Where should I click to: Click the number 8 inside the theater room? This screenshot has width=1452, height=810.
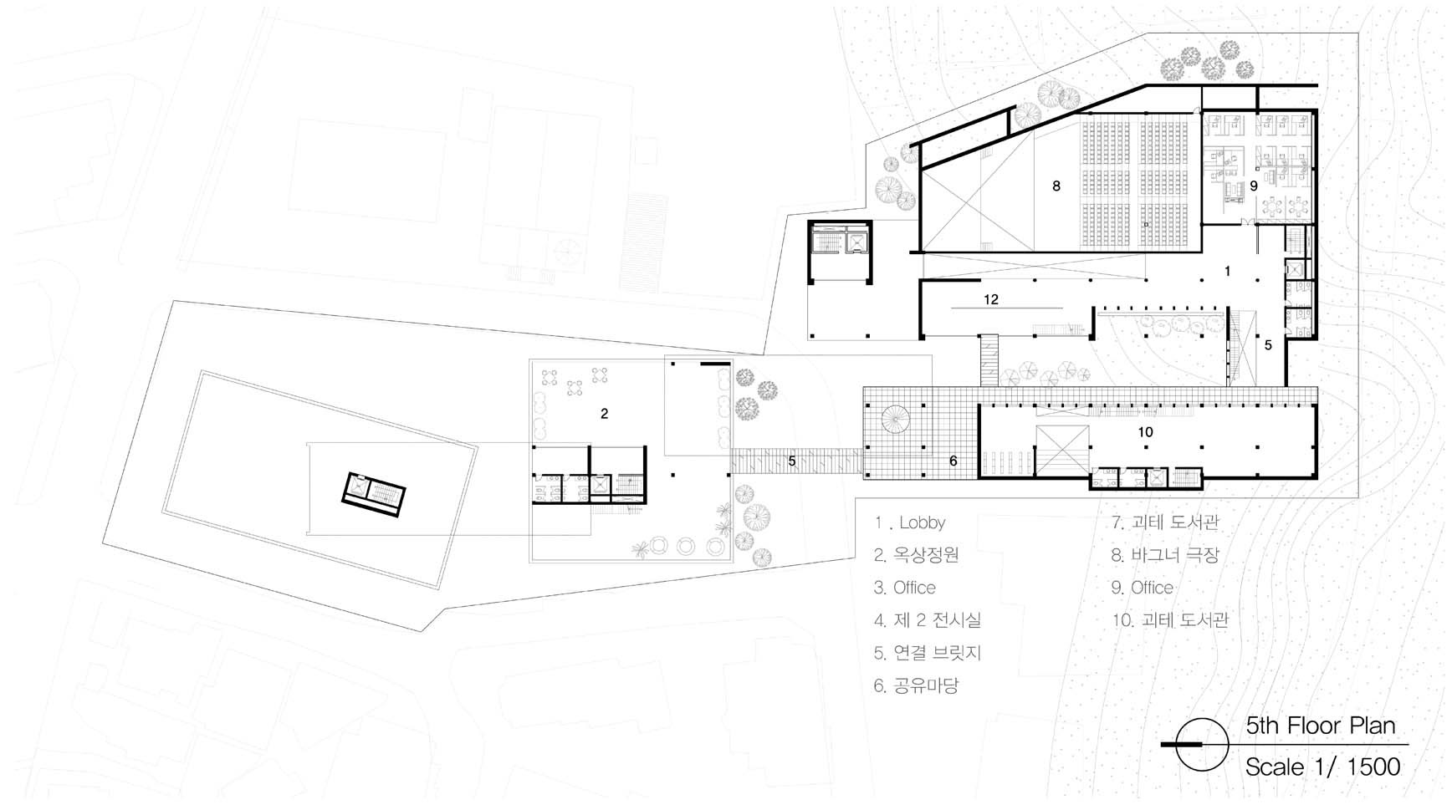pyautogui.click(x=1056, y=186)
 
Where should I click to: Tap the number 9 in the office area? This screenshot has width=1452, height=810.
pyautogui.click(x=1254, y=186)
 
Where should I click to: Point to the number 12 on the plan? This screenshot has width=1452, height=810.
pyautogui.click(x=991, y=299)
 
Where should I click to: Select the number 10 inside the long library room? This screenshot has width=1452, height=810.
pyautogui.click(x=1146, y=432)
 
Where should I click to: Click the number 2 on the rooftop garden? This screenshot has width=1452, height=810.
pyautogui.click(x=604, y=414)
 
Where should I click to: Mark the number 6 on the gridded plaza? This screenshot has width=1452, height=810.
pyautogui.click(x=953, y=461)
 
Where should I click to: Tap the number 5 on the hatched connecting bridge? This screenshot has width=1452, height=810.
pyautogui.click(x=792, y=461)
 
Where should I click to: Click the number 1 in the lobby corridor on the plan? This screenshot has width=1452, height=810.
pyautogui.click(x=1228, y=271)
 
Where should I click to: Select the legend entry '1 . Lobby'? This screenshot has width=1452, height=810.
pyautogui.click(x=910, y=523)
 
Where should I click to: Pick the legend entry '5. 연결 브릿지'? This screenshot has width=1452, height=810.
pyautogui.click(x=928, y=653)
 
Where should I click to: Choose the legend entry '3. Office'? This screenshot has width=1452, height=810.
pyautogui.click(x=905, y=588)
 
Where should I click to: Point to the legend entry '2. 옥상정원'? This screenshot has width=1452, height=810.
pyautogui.click(x=916, y=555)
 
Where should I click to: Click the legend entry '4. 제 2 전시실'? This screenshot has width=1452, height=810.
pyautogui.click(x=928, y=620)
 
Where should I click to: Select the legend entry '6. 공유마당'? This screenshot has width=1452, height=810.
pyautogui.click(x=916, y=686)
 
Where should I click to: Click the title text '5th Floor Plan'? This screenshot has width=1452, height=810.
pyautogui.click(x=1321, y=726)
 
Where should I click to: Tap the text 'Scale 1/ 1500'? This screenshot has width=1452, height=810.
pyautogui.click(x=1322, y=767)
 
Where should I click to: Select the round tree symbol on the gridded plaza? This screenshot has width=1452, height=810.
pyautogui.click(x=895, y=420)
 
